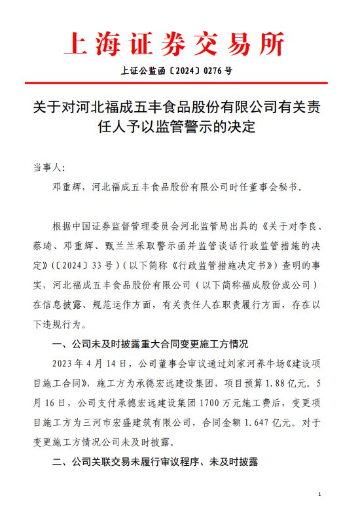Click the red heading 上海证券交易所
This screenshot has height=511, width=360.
coord(175,44)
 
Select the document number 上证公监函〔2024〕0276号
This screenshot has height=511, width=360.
coord(176,71)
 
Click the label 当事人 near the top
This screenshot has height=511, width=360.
coord(48,167)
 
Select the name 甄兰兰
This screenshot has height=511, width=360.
coord(124,243)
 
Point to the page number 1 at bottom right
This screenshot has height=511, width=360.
coord(318,494)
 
